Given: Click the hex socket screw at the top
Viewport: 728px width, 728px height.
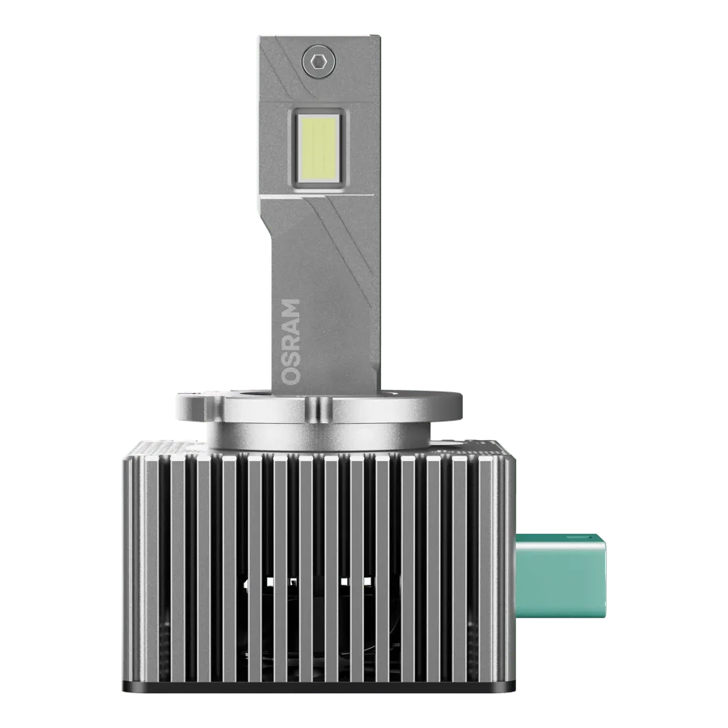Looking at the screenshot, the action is (x=318, y=61).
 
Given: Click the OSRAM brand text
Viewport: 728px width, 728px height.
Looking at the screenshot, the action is (x=291, y=341).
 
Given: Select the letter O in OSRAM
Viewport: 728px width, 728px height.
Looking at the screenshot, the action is (x=291, y=376).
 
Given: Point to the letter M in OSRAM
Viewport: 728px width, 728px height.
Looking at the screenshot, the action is (x=291, y=309).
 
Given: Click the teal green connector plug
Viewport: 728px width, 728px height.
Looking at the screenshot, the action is (x=561, y=575).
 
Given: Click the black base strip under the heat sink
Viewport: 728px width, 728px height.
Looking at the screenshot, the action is (x=320, y=686).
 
